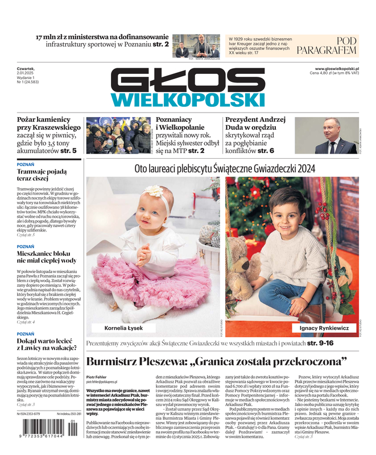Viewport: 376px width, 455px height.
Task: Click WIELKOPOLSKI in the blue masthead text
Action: pyautogui.click(x=188, y=100)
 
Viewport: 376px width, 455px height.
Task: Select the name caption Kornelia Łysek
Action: pyautogui.click(x=124, y=328)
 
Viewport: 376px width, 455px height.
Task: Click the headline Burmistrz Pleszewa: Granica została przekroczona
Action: pyautogui.click(x=216, y=361)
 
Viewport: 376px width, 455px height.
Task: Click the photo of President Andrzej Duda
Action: pyautogui.click(x=327, y=135)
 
